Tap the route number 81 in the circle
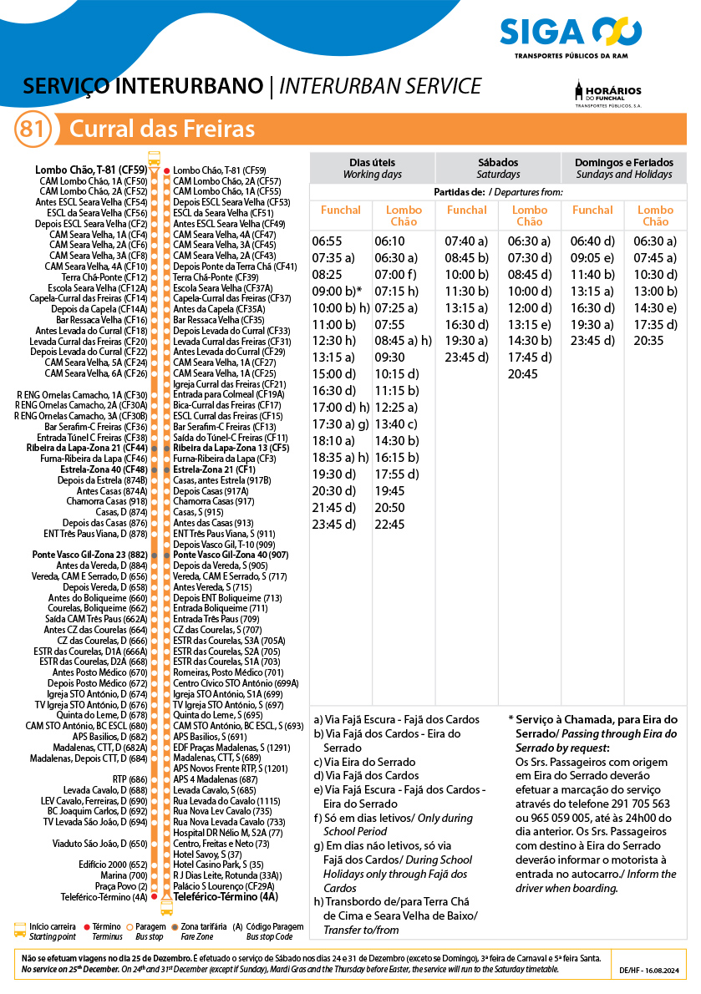(x=33, y=129)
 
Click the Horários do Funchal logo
(x=607, y=94)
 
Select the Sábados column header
(x=498, y=167)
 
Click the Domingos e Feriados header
(x=623, y=167)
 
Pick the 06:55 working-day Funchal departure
(x=328, y=241)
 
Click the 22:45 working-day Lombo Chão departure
(x=390, y=525)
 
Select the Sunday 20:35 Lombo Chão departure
(x=648, y=341)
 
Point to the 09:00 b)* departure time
(x=337, y=291)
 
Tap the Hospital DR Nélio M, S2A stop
(x=227, y=833)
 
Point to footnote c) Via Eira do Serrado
(x=364, y=762)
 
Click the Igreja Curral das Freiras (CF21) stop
(x=229, y=384)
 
